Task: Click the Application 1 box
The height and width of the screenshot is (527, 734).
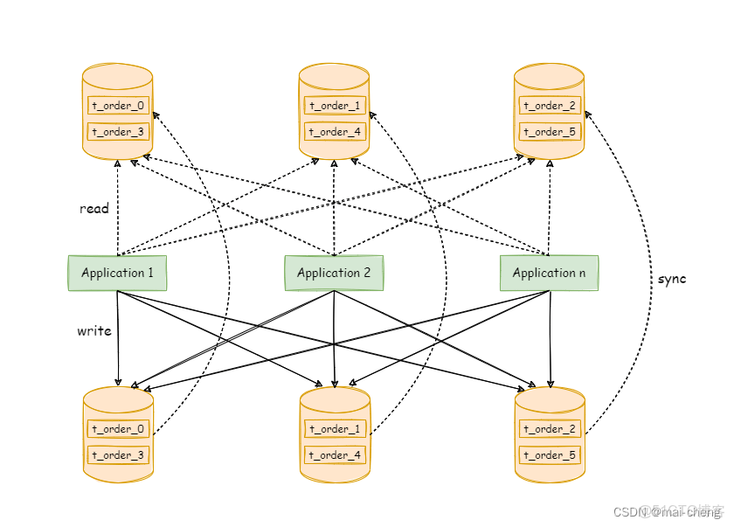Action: coord(117,273)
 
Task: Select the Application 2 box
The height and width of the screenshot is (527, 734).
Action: coord(334,273)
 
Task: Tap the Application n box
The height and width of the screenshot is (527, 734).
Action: coord(549,273)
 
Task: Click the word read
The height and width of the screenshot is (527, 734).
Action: coord(94,209)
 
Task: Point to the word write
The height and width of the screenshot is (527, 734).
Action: coord(94,331)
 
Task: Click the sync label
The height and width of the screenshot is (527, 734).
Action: coord(672,279)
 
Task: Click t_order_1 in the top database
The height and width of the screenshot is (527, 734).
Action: coord(335,106)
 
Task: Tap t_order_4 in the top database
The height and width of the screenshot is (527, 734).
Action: coord(335,132)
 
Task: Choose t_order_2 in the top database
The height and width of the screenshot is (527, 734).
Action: coord(550,106)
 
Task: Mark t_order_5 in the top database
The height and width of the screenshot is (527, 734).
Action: coord(550,132)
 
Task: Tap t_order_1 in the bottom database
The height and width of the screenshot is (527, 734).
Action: coord(335,429)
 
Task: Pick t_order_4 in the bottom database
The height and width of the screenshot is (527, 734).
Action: coord(335,455)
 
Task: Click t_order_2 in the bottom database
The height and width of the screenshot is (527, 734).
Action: coord(550,429)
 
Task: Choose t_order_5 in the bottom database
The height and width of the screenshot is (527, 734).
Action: coord(550,455)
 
